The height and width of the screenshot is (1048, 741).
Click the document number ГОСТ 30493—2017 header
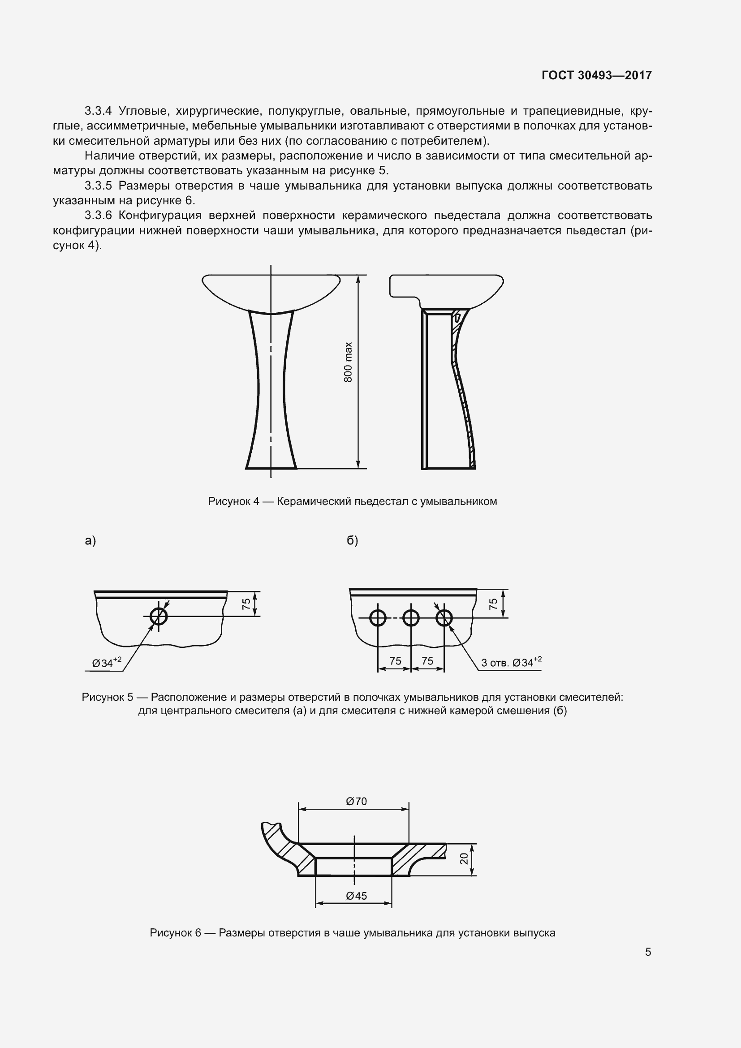click(596, 75)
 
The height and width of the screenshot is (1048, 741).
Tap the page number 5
click(648, 952)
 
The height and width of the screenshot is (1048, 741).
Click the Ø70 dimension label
click(356, 801)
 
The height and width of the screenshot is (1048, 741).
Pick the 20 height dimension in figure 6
click(464, 858)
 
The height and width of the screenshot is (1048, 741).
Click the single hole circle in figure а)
click(159, 616)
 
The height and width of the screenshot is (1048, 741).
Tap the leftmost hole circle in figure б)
click(378, 618)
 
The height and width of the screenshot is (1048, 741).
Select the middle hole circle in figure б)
click(411, 618)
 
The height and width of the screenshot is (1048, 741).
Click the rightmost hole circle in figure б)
click(444, 618)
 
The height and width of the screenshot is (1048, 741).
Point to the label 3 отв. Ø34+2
click(511, 662)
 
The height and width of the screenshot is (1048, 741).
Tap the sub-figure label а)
click(90, 541)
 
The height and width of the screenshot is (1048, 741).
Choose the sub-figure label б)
click(352, 541)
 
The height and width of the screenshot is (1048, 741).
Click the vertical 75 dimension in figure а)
click(246, 604)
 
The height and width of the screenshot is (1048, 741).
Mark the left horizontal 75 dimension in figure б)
click(395, 660)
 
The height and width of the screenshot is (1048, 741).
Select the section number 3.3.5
click(98, 186)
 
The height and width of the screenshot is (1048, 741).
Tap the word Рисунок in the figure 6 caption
click(172, 932)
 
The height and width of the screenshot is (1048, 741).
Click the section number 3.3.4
click(98, 111)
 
